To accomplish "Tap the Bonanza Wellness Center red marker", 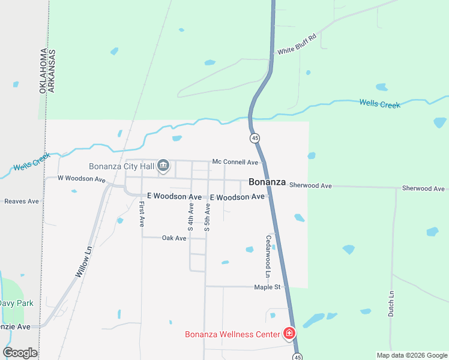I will (289, 333).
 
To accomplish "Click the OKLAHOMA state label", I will (43, 70).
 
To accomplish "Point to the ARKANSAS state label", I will (52, 70).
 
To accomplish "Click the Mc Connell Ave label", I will (235, 162).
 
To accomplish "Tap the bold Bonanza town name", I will (267, 182).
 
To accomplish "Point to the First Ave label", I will (142, 214).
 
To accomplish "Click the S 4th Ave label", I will (191, 217).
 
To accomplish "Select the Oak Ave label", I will (174, 238).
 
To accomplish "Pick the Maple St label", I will (267, 287).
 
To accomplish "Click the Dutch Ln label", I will (391, 304).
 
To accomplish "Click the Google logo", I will (20, 353).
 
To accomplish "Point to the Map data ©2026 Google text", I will (412, 355).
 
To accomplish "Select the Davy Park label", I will (16, 304).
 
